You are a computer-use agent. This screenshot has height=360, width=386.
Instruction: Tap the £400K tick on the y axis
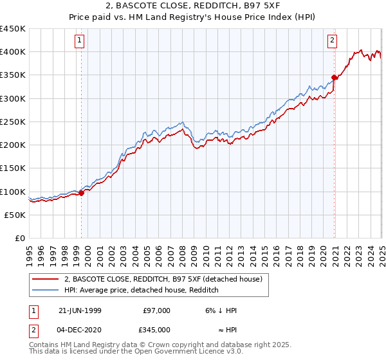click(x=13, y=52)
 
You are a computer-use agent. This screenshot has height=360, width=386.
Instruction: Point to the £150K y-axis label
click(x=13, y=168)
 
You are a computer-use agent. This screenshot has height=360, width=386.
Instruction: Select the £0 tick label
click(x=20, y=238)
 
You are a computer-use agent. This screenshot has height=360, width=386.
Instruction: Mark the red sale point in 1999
click(x=82, y=193)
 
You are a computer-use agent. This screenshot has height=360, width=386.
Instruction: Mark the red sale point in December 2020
click(x=335, y=78)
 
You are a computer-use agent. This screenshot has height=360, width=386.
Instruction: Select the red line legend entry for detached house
click(x=163, y=279)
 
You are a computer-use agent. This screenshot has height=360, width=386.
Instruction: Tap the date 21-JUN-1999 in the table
click(x=80, y=310)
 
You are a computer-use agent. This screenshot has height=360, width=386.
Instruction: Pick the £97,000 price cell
click(x=156, y=310)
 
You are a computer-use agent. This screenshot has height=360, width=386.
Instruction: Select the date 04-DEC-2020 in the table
click(x=80, y=329)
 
